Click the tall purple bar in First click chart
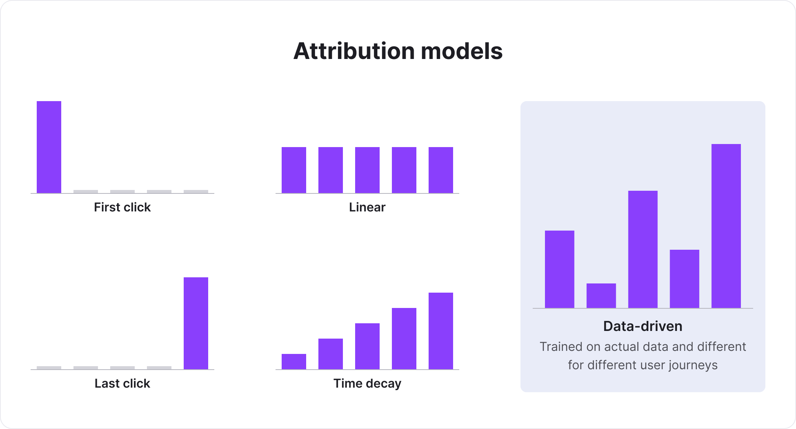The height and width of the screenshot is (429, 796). coord(49,147)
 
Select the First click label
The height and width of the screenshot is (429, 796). coord(122,207)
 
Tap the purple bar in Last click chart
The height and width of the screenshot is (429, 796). coord(196,323)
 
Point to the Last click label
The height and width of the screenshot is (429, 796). coord(122,383)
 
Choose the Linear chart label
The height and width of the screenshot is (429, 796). coord(367,207)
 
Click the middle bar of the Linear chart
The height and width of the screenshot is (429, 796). coord(367,170)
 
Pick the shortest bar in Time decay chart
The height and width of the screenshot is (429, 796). coord(294,362)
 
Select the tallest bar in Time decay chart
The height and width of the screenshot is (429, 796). coord(441,331)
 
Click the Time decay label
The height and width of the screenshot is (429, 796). coord(367,383)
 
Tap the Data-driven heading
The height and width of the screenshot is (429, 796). coord(643,326)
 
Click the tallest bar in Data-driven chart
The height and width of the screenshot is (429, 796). coord(726,226)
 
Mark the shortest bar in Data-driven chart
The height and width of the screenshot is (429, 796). coord(601,296)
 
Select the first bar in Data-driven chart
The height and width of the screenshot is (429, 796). coord(559,269)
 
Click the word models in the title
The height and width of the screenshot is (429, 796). coord(462,51)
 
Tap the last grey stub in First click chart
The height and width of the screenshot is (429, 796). coord(196,192)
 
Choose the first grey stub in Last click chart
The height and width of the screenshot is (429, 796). coord(49,368)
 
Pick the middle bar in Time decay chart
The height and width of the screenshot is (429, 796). coord(367,346)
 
